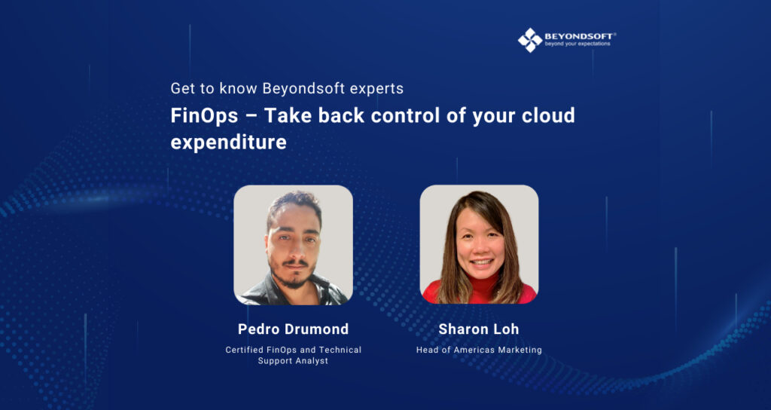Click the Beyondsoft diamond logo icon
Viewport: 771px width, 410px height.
tap(529, 40)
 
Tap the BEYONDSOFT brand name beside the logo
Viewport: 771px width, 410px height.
tap(577, 35)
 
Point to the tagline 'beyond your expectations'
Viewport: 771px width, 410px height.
tap(577, 44)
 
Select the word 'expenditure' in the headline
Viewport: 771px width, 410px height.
tap(229, 142)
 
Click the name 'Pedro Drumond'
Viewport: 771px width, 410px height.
tap(293, 329)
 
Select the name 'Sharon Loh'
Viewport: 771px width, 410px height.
tap(479, 329)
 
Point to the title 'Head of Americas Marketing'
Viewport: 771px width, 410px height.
tap(479, 350)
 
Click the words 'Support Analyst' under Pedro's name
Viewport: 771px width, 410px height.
tap(293, 361)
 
